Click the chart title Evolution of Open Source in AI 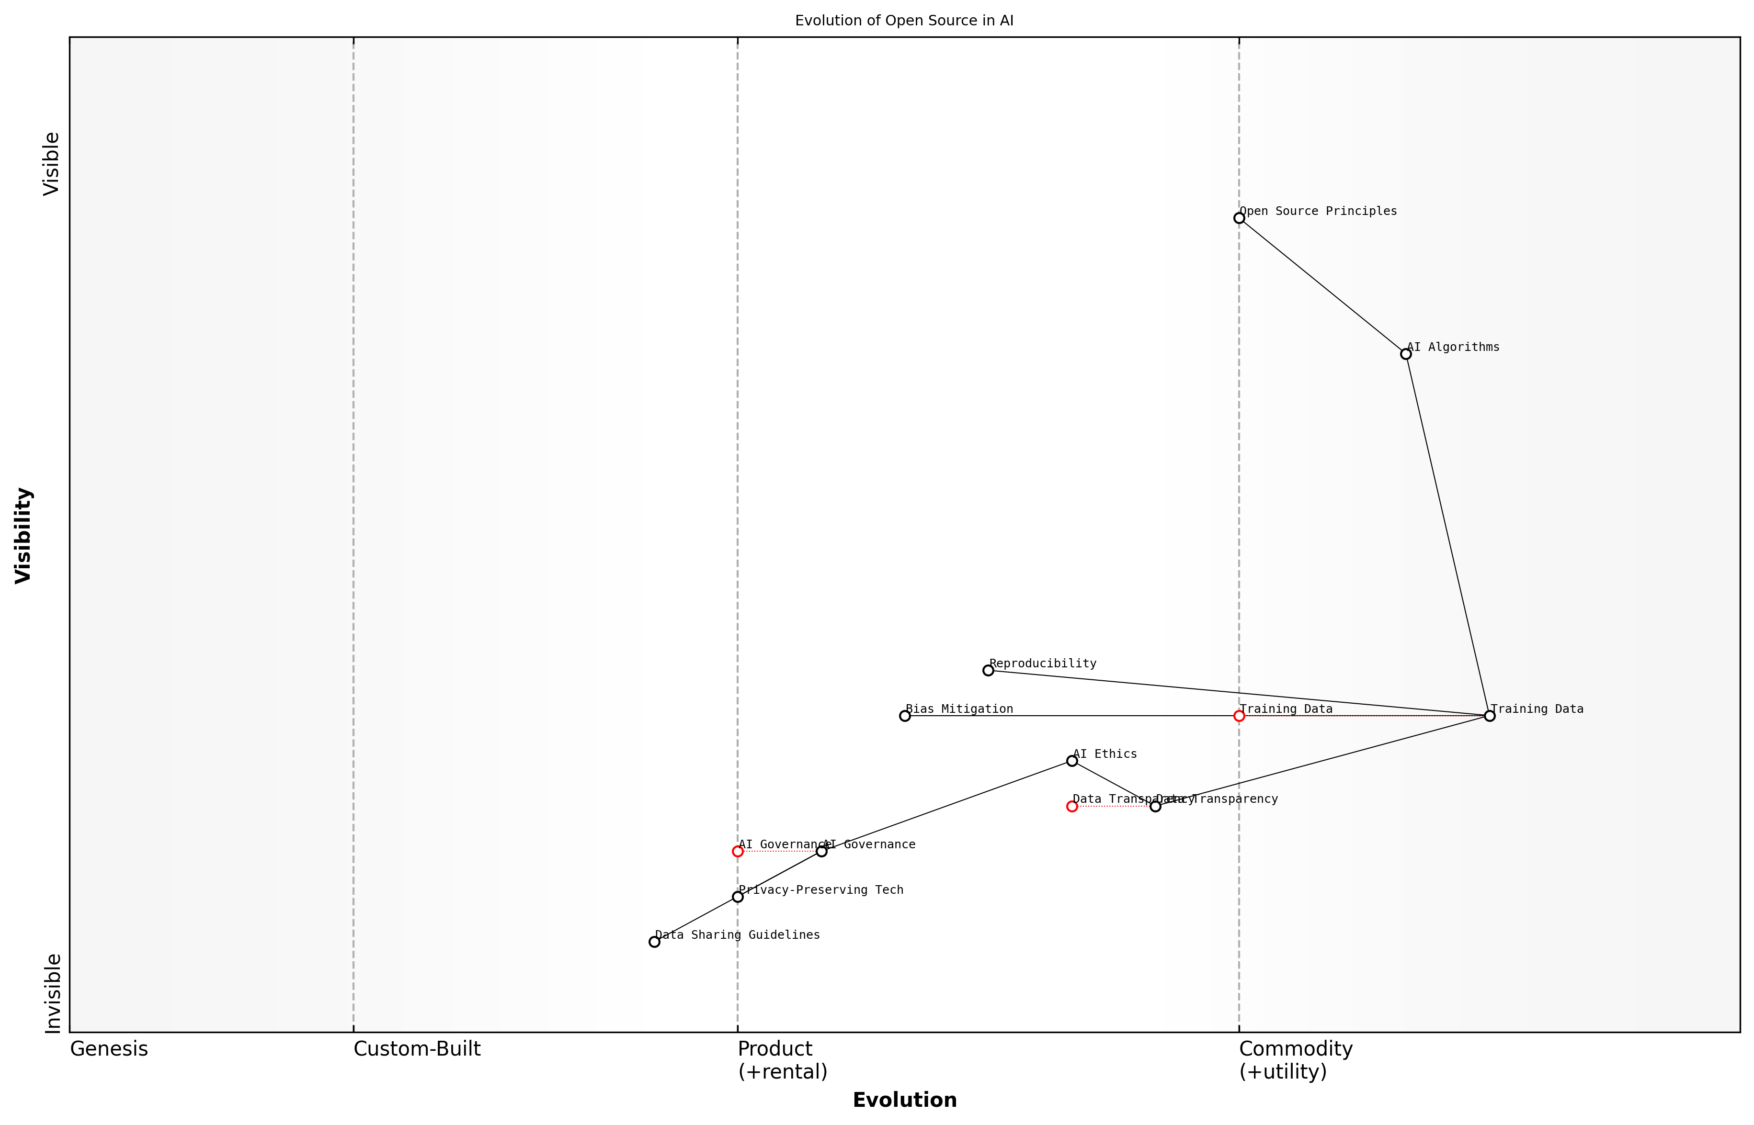[904, 21]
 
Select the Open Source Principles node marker [1239, 218]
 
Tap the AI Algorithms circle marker [1405, 354]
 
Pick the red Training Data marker [1239, 716]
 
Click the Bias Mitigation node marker [905, 716]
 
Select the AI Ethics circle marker [1071, 761]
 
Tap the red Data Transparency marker [1071, 807]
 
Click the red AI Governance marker [738, 851]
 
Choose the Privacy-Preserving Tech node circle [738, 896]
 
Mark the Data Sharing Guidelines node [654, 942]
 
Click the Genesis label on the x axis [109, 1049]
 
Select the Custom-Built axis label [417, 1049]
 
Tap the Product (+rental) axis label [782, 1060]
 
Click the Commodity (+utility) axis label [1295, 1060]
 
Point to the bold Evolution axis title [904, 1100]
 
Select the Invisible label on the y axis [52, 993]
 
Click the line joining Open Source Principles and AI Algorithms [1322, 286]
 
